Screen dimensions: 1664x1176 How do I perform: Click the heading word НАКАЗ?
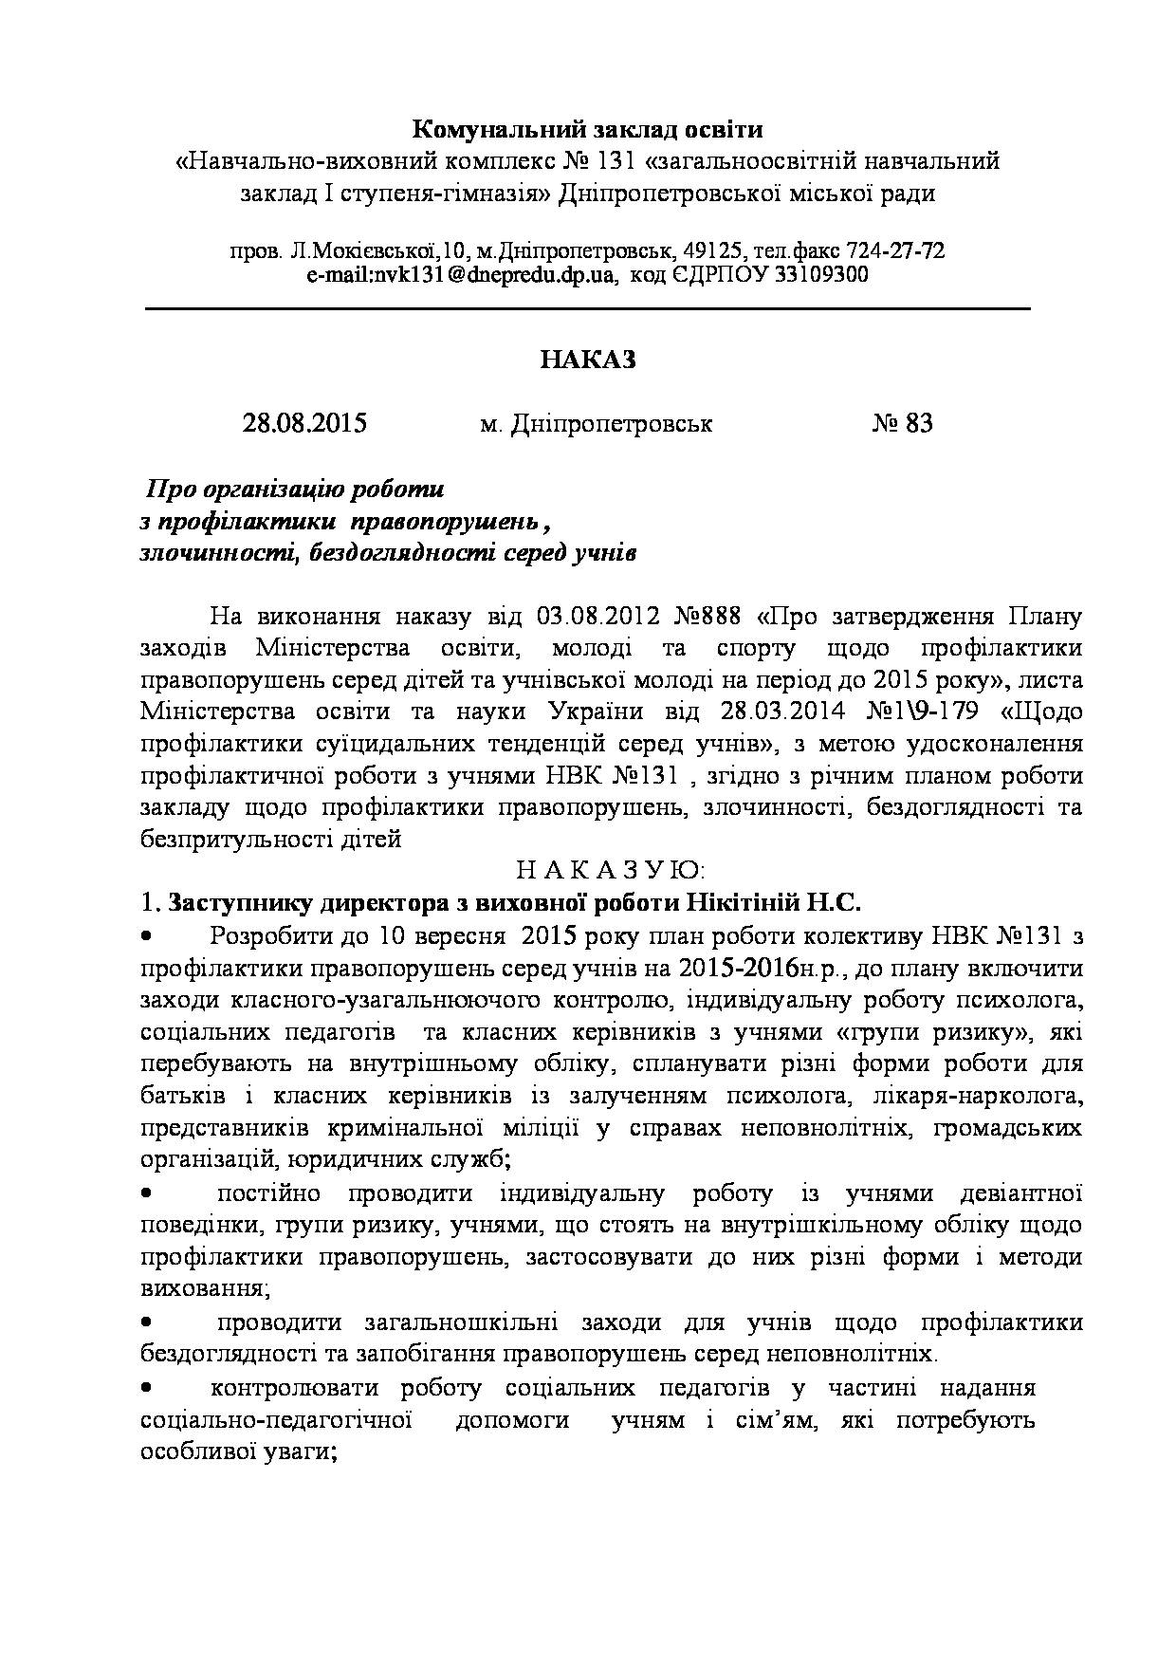[x=587, y=360]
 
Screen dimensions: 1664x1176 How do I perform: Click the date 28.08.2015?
[x=304, y=423]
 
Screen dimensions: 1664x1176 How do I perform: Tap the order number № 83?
[x=902, y=423]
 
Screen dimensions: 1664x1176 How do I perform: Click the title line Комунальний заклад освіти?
[x=587, y=128]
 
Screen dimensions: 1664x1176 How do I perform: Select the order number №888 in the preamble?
[x=706, y=616]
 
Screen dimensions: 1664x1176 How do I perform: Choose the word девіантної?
[x=1021, y=1193]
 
